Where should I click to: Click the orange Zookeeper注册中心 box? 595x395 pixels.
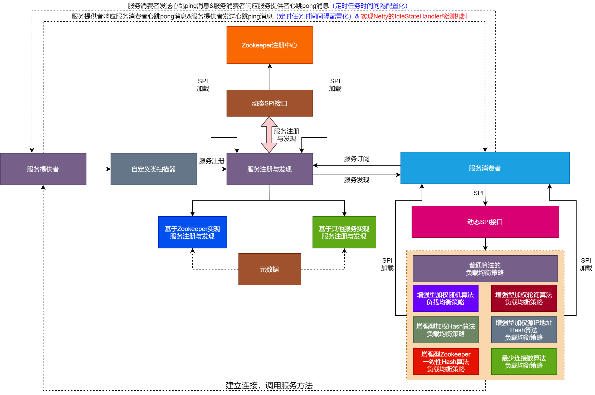click(270, 45)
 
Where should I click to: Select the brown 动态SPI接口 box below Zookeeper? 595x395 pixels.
click(270, 103)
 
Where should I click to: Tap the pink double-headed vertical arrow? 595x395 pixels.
click(269, 135)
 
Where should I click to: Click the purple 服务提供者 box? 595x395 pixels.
click(43, 169)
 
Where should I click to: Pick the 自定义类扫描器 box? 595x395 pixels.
click(154, 169)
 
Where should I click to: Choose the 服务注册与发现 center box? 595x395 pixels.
click(270, 169)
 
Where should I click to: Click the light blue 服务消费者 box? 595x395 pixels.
click(485, 168)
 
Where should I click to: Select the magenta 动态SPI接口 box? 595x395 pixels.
click(485, 222)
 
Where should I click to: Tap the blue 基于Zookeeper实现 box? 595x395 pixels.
click(192, 232)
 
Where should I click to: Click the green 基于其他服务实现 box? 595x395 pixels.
click(344, 232)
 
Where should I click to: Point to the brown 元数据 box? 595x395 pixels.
click(270, 269)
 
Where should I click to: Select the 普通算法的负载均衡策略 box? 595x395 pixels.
click(485, 269)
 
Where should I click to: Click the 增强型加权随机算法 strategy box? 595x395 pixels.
click(445, 298)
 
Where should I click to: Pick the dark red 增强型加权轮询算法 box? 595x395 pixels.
click(524, 298)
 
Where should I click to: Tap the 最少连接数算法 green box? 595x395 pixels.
click(524, 362)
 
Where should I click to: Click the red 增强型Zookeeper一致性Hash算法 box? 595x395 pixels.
click(446, 362)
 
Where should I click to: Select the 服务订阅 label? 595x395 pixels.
click(357, 159)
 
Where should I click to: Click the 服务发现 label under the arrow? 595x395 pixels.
click(357, 180)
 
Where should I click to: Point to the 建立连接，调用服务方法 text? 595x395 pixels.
click(269, 386)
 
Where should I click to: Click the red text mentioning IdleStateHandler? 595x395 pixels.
click(413, 16)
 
